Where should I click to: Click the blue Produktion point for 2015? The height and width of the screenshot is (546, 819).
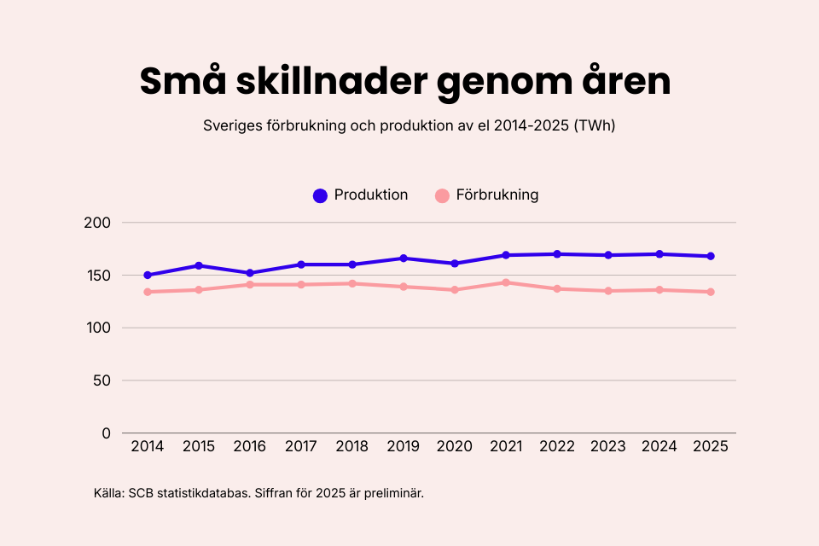(x=199, y=265)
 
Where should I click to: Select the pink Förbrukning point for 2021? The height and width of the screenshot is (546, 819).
(x=506, y=282)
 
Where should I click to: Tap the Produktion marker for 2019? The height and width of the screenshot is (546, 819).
(x=404, y=258)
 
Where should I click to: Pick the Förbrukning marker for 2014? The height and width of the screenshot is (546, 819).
(x=148, y=292)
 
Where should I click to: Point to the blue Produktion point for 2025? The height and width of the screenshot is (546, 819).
(x=711, y=256)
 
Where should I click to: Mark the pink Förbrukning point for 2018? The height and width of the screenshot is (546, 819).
(x=352, y=283)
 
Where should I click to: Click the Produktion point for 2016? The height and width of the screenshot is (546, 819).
(x=250, y=273)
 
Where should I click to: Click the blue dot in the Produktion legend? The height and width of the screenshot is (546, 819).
(x=320, y=195)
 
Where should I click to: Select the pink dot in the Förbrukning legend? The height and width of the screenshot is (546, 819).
(x=442, y=195)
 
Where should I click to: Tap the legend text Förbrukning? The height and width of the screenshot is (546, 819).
(x=497, y=195)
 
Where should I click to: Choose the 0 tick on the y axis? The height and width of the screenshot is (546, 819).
(x=107, y=433)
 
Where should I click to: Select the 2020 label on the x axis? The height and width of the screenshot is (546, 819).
(x=455, y=447)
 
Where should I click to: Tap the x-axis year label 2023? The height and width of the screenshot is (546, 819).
(x=608, y=447)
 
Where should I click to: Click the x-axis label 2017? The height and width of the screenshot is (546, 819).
(x=301, y=447)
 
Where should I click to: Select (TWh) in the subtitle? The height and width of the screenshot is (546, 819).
(x=595, y=125)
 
